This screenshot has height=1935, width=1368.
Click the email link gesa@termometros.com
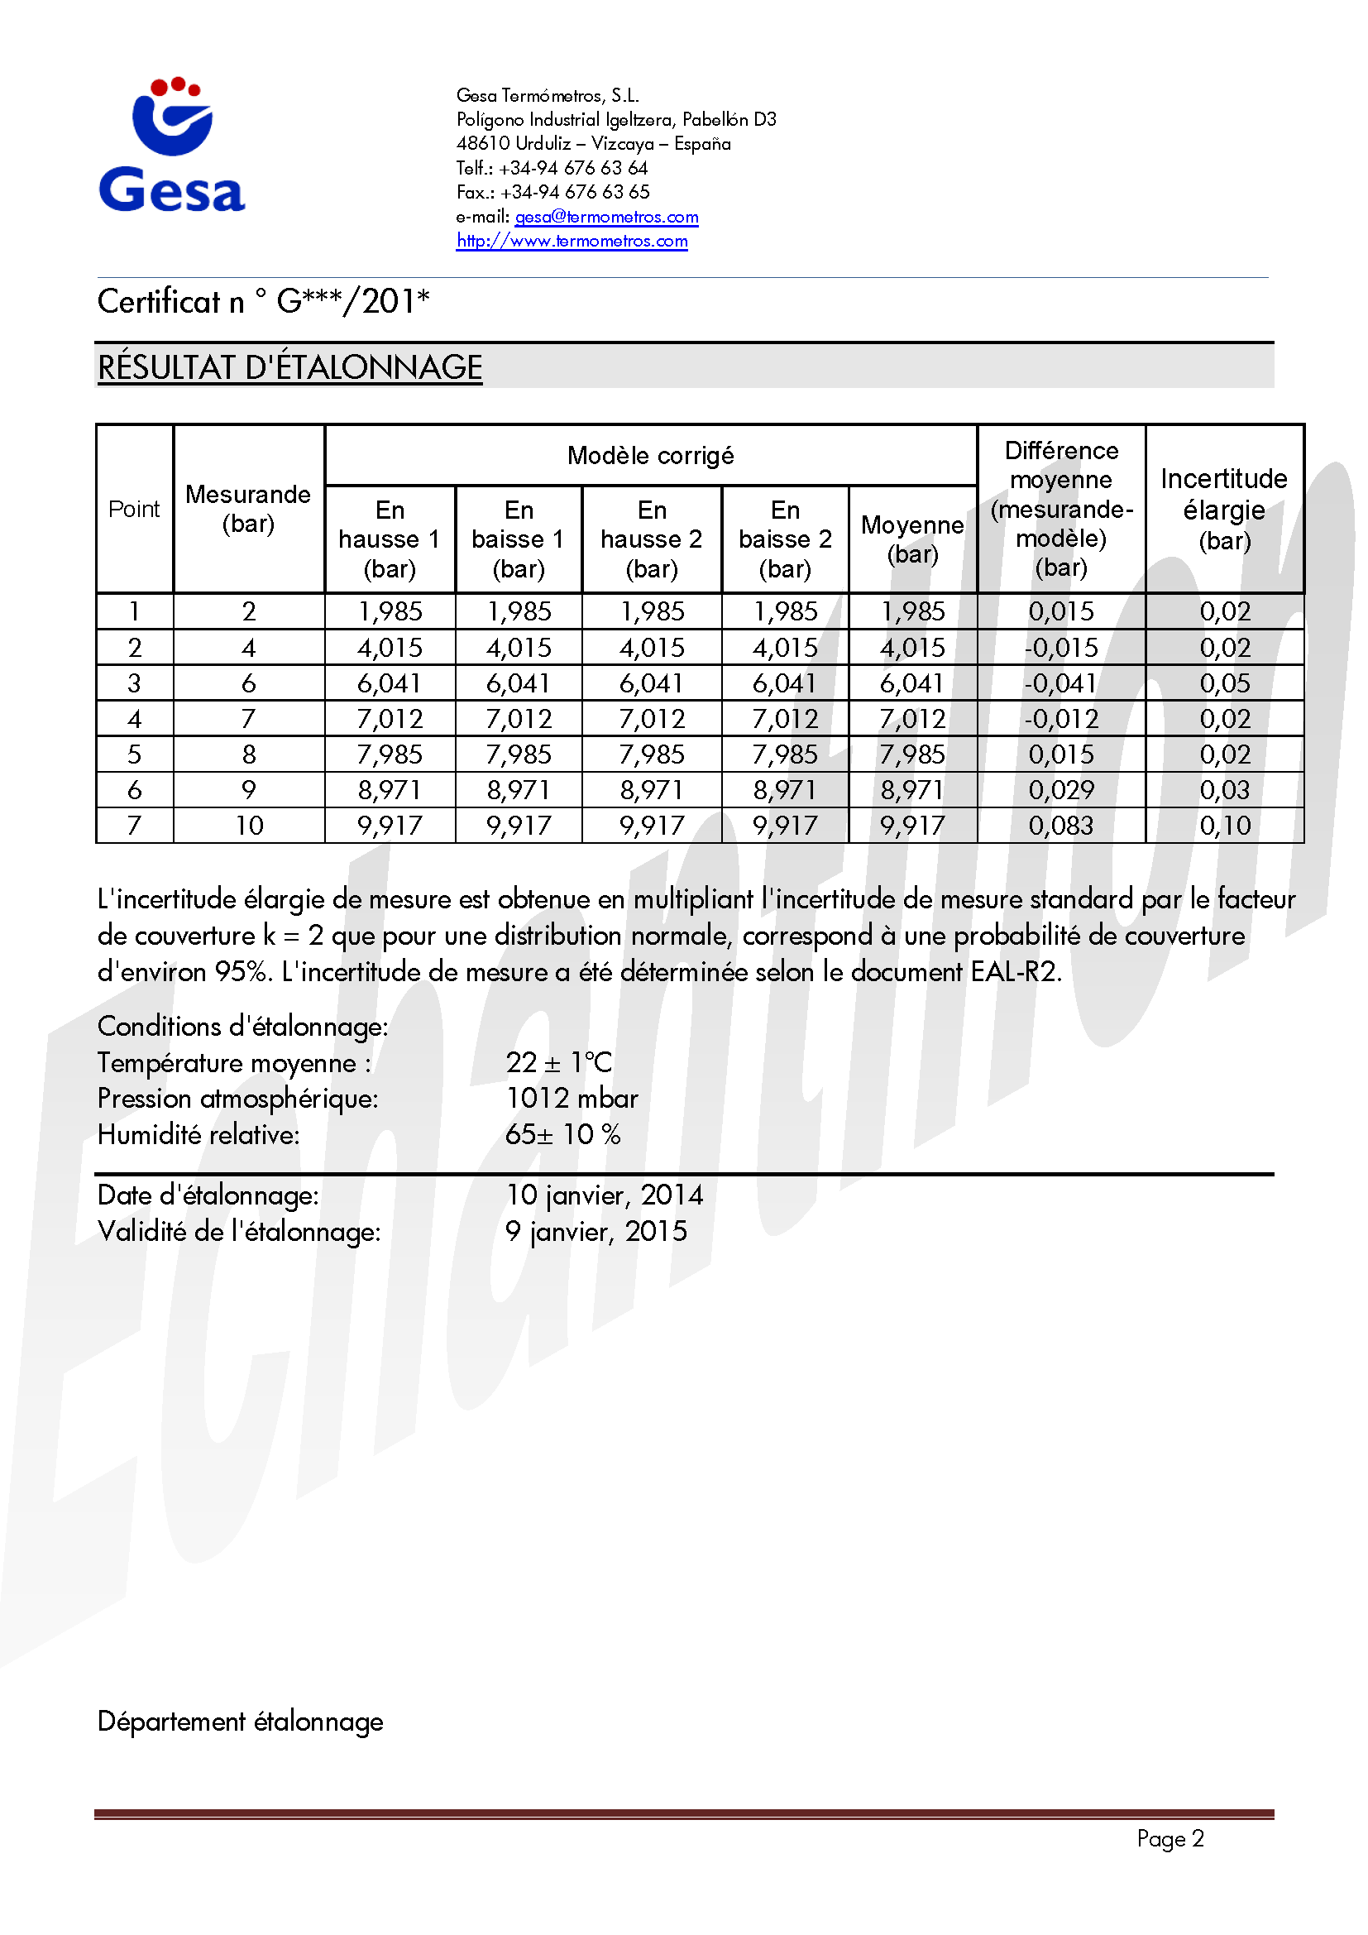pos(606,217)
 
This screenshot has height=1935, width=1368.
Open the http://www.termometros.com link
pos(572,241)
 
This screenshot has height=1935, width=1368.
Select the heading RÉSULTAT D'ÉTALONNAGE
pos(289,367)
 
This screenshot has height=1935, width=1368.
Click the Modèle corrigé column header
pos(650,456)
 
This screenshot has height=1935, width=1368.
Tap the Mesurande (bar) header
pos(248,508)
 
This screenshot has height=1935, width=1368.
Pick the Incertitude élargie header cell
pos(1224,508)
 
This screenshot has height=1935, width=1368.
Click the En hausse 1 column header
pos(390,539)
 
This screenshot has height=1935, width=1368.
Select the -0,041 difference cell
pos(1060,683)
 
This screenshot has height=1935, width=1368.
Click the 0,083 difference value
pos(1060,825)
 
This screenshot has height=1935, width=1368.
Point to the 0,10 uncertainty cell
pos(1225,825)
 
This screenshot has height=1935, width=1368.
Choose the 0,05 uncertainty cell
pos(1225,683)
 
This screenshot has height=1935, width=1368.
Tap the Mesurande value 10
pos(249,825)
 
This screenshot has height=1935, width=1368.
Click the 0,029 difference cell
pos(1060,790)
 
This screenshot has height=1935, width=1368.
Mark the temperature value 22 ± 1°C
pos(559,1062)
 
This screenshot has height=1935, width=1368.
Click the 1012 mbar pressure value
pos(572,1098)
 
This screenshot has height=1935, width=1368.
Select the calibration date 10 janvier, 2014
pos(604,1195)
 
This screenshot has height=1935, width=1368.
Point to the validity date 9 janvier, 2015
pos(596,1231)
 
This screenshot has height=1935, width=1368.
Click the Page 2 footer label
pos(1170,1838)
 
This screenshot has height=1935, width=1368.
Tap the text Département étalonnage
pos(240,1721)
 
